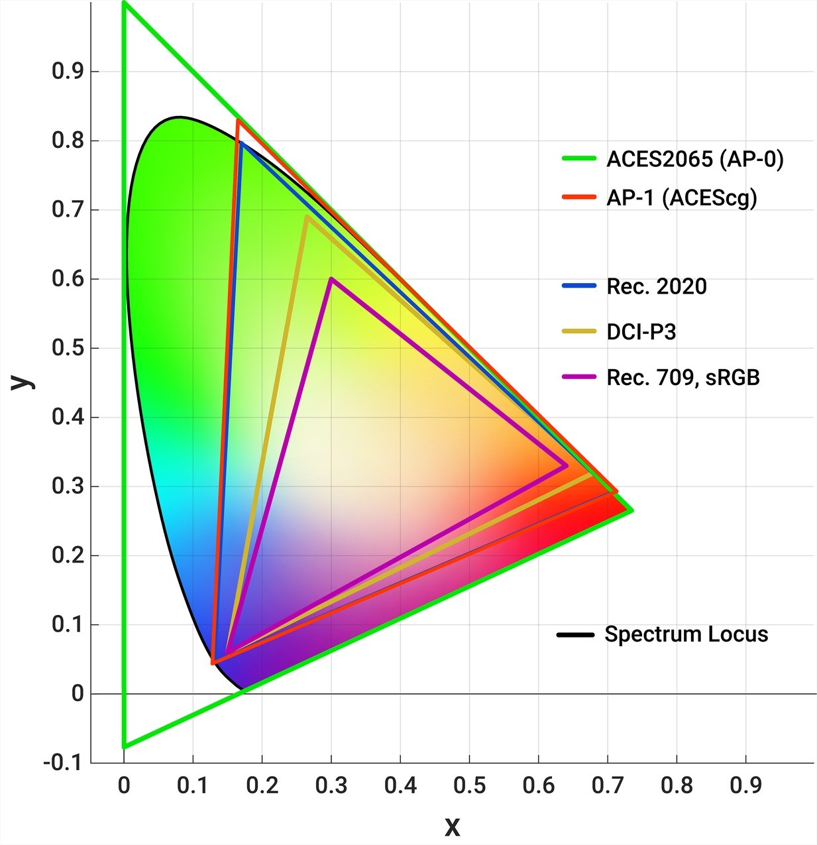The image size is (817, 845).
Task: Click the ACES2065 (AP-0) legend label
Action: click(695, 159)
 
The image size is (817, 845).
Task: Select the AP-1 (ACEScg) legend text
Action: click(682, 197)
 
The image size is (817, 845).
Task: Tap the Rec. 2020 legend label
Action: click(657, 286)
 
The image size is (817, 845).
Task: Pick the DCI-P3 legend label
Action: click(641, 332)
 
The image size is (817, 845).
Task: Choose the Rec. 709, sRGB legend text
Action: click(683, 378)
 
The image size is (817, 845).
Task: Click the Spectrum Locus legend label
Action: click(686, 634)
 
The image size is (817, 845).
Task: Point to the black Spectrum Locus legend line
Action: click(575, 635)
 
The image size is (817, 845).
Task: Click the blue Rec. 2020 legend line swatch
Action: click(580, 286)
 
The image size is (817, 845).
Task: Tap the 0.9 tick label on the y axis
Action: click(68, 72)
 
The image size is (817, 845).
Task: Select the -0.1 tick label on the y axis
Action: click(63, 763)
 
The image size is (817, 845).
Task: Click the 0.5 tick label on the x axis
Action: click(469, 786)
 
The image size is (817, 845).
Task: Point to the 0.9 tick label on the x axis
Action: click(745, 786)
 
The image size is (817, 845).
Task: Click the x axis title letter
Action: click(452, 826)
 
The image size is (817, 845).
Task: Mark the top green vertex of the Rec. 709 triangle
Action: click(331, 279)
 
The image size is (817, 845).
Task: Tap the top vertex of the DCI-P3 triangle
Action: click(307, 217)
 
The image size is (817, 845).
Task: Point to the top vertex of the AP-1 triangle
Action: click(238, 120)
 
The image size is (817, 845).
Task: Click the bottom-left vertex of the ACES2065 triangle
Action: click(124, 746)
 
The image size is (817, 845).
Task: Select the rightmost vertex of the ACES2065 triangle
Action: click(631, 510)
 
